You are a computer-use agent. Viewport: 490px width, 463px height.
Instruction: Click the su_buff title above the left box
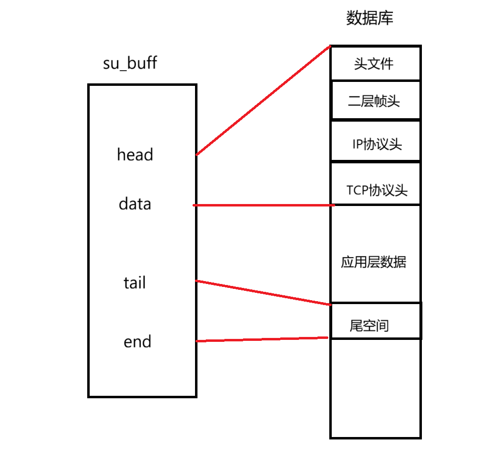pos(130,63)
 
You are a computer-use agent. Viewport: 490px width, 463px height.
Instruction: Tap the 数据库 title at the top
pos(370,19)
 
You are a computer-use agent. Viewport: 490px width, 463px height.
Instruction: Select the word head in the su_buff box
pos(135,155)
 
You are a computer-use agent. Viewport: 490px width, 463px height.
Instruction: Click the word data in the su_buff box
pos(135,204)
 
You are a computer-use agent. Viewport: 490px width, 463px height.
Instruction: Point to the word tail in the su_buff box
pos(134,283)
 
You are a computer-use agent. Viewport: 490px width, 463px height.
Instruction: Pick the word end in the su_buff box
pos(137,341)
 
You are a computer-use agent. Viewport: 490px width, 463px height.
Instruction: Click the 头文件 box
pos(375,63)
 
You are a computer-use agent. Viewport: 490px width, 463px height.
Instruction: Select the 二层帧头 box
pos(375,101)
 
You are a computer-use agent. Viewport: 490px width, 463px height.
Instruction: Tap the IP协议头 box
pos(375,142)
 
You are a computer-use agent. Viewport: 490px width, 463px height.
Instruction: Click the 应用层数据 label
pos(373,262)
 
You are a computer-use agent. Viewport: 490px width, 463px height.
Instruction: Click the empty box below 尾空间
pos(375,387)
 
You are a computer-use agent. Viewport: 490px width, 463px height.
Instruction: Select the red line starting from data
pos(264,205)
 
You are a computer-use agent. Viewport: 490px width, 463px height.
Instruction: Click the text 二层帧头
pos(374,101)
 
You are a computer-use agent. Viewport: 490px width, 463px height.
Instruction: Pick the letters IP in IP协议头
pos(358,144)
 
